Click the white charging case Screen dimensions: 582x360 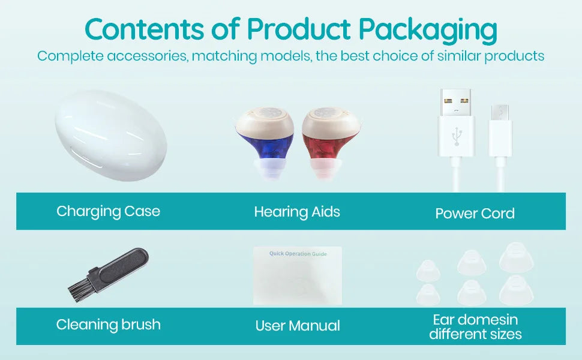(x=110, y=136)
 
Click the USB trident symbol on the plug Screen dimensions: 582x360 (x=457, y=136)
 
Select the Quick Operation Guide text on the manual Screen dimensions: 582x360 (x=298, y=253)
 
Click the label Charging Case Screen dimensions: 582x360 (x=109, y=211)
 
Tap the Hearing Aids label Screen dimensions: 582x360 (x=297, y=212)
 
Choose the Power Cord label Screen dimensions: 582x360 (x=475, y=213)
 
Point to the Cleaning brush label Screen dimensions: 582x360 (x=109, y=325)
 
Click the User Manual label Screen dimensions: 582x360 (x=298, y=325)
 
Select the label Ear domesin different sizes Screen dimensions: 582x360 (x=475, y=326)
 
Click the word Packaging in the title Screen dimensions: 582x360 (x=428, y=29)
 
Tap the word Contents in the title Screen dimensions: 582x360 (x=145, y=29)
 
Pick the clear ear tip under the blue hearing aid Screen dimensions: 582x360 (x=266, y=169)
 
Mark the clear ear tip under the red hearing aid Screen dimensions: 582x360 (x=329, y=169)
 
